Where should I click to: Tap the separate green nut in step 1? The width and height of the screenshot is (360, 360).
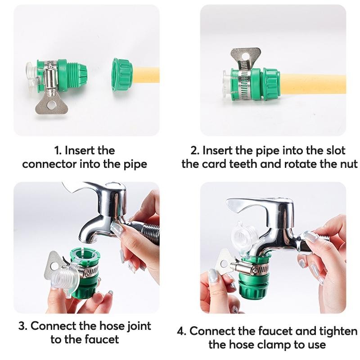click(x=122, y=75)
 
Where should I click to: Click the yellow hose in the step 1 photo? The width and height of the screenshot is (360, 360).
click(x=146, y=75)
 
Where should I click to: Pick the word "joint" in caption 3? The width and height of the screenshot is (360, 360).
click(x=139, y=326)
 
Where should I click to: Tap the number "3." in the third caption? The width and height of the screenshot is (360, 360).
click(x=23, y=326)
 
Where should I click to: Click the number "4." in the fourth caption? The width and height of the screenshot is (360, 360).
click(x=182, y=332)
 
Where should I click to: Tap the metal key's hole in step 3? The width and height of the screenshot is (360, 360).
click(x=54, y=266)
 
